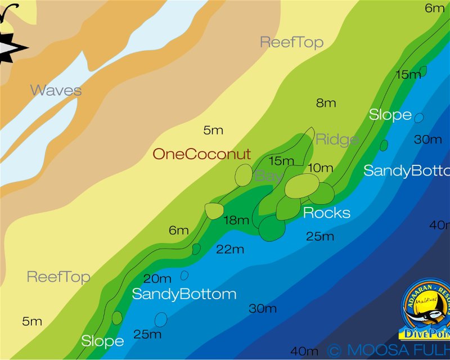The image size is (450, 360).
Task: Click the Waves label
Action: coord(56,90)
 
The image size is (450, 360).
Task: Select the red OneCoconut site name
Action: coord(201,154)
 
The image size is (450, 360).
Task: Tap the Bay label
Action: coord(268,176)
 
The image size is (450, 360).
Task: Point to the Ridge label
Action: coord(337,139)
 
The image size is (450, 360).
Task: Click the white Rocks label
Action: coord(326,213)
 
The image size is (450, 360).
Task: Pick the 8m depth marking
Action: coord(326,103)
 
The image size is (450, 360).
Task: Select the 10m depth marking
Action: coord(321,168)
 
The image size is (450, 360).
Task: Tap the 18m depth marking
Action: coord(236,220)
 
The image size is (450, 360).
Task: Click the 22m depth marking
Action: coord(230,249)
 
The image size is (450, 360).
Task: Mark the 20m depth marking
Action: coord(157,278)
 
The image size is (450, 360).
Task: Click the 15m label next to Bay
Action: coord(281,161)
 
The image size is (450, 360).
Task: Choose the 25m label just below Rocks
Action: coord(320,236)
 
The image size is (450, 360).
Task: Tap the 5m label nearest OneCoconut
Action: coord(213,130)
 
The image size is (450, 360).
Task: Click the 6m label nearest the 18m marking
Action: coord(179,230)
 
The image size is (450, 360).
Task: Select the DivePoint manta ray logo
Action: coord(426,312)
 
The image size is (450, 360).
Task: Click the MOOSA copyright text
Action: coord(388,350)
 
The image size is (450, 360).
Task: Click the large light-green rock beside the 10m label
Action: coord(302,186)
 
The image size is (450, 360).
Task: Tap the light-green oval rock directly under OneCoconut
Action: coord(244,175)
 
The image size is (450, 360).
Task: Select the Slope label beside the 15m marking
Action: coord(390,115)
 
